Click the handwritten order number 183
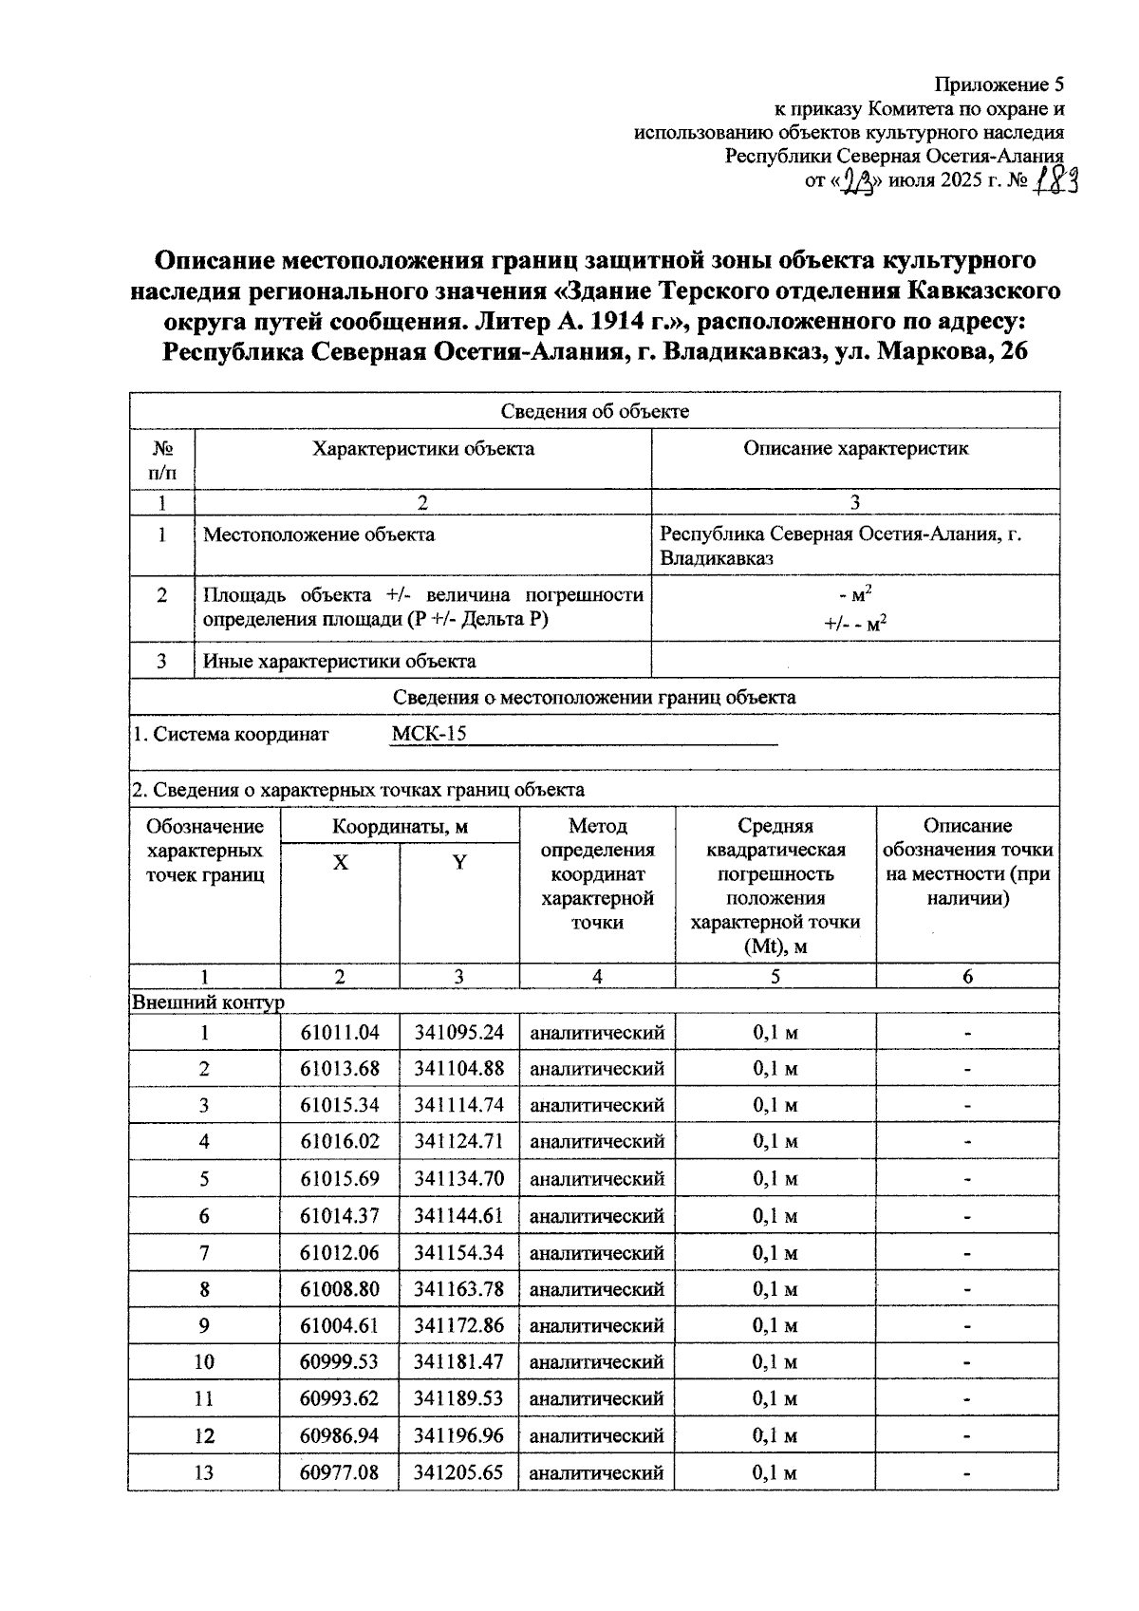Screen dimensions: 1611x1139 click(1056, 180)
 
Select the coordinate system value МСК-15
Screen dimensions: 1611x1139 click(429, 734)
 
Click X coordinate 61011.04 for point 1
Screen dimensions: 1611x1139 click(340, 1032)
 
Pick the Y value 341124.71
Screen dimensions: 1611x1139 click(458, 1141)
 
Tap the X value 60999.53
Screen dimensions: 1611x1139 click(340, 1361)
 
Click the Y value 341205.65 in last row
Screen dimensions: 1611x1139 click(458, 1472)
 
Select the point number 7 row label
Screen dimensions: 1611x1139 click(204, 1252)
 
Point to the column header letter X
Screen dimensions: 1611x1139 click(340, 863)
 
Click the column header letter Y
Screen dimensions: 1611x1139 click(459, 863)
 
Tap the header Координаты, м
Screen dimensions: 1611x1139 click(400, 826)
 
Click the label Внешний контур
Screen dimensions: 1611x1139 click(208, 1002)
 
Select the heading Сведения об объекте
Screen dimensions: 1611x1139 click(594, 411)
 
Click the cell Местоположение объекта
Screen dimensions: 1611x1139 click(319, 534)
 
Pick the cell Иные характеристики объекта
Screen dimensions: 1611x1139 click(340, 661)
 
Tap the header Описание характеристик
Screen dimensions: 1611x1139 click(855, 449)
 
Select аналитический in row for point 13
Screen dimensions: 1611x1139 click(596, 1472)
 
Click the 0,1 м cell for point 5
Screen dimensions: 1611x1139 click(775, 1178)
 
